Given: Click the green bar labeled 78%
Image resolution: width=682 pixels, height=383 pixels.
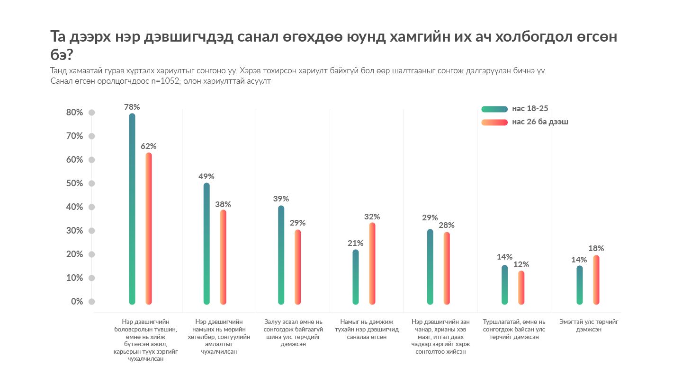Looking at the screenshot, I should [x=132, y=208].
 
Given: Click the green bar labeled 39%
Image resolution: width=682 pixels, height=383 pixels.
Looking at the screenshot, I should [x=281, y=254].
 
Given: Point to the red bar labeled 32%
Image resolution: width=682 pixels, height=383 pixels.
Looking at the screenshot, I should [x=372, y=263].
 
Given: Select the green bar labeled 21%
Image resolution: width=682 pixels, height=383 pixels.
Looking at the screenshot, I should [x=356, y=277].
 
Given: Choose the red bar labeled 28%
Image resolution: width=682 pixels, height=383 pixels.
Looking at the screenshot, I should [x=447, y=268].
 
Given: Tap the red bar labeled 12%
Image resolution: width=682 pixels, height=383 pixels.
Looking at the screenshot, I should [x=521, y=287].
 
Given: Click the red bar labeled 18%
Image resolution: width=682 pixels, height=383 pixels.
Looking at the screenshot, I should [x=596, y=279].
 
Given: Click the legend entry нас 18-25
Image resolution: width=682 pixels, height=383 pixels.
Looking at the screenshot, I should [x=530, y=109].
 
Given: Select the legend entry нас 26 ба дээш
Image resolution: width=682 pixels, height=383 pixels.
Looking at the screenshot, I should [x=540, y=122].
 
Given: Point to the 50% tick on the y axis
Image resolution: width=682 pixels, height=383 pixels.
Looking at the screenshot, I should [x=74, y=183].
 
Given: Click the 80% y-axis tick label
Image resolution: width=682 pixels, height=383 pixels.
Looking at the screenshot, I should [x=74, y=113].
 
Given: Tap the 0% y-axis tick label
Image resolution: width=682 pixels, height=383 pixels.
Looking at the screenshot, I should [x=77, y=302].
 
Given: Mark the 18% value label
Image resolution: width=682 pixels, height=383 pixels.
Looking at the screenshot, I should [x=596, y=248].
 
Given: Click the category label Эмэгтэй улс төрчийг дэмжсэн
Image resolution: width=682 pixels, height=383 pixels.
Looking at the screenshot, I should [x=589, y=325].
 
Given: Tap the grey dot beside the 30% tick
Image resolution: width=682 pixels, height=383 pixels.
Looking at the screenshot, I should [x=92, y=231].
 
